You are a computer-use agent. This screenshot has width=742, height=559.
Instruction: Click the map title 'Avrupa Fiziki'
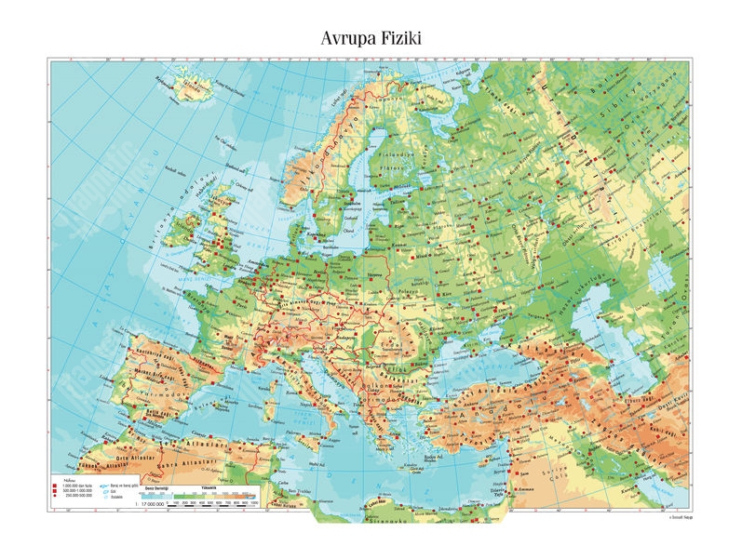point(371,37)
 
